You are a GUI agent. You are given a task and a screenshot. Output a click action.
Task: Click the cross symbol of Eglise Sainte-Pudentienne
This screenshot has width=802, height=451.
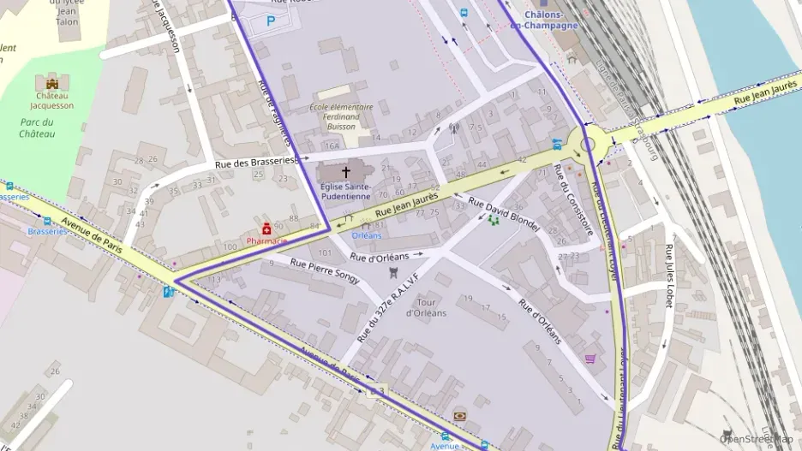(346, 172)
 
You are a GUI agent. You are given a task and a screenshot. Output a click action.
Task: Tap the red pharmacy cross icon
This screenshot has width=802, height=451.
(268, 228)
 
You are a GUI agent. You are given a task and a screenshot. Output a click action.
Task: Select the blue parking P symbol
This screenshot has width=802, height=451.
(271, 21)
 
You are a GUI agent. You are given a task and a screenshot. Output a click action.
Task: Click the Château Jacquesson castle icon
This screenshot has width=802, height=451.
(52, 84)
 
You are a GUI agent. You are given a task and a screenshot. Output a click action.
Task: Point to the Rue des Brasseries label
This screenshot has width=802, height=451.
(254, 161)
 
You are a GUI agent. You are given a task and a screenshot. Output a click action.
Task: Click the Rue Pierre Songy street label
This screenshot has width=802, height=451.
(325, 270)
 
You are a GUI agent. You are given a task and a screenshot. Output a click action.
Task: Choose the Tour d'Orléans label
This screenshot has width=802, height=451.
(432, 307)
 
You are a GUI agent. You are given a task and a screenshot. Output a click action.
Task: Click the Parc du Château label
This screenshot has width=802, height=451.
(37, 128)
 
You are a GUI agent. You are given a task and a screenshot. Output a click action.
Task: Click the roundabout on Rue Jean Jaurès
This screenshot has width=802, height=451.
(588, 145)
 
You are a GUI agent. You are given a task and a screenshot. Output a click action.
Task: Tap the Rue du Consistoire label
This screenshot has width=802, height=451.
(573, 199)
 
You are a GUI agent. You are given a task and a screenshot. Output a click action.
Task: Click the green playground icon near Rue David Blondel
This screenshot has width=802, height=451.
(494, 220)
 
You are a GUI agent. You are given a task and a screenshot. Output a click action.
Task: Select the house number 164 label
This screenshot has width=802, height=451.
(332, 145)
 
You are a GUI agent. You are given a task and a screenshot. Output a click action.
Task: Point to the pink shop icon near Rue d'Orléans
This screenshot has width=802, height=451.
(590, 359)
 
